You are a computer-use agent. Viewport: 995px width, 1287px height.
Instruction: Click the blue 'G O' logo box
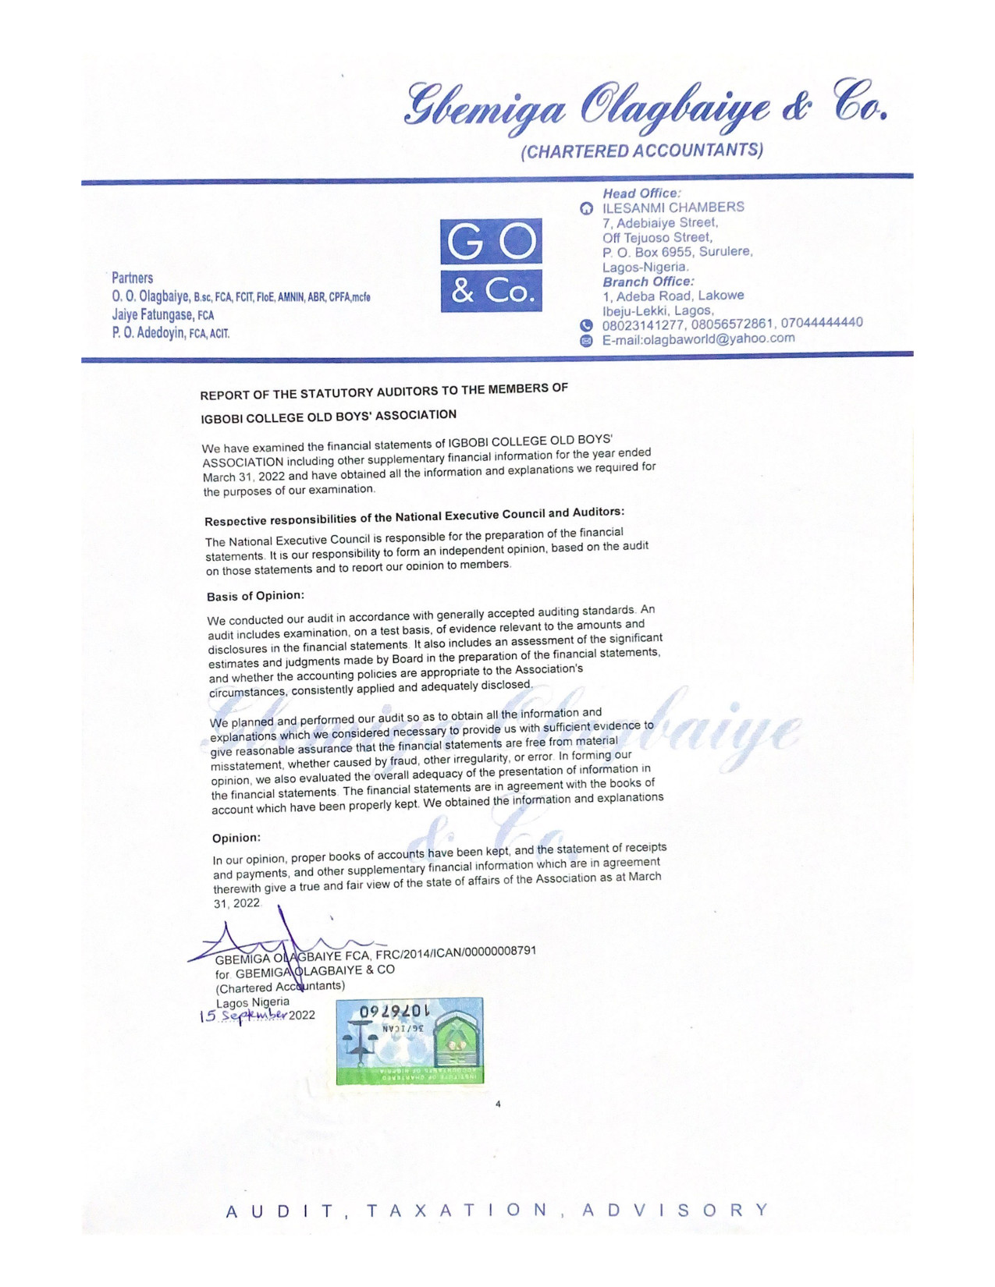[x=491, y=242]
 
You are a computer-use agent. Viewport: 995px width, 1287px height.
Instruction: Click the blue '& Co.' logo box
[x=491, y=291]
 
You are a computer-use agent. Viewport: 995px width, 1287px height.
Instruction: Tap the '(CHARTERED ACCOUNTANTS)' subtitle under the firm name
[x=641, y=151]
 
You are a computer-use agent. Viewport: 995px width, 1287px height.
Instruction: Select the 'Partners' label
[x=132, y=278]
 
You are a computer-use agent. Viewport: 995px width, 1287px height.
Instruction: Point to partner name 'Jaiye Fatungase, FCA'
[x=162, y=315]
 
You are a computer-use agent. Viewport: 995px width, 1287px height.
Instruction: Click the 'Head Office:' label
[x=641, y=193]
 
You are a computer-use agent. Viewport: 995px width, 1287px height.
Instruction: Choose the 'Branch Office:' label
[x=648, y=282]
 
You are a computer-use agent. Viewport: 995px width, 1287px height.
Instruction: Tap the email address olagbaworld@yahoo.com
[x=698, y=339]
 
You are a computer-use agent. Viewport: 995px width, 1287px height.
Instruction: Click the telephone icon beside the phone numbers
[x=586, y=325]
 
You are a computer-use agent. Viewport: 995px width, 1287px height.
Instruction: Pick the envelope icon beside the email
[x=586, y=341]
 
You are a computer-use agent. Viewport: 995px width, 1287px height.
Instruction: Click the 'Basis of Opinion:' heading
[x=255, y=596]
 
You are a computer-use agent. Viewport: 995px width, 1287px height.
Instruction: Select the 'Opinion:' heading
[x=236, y=838]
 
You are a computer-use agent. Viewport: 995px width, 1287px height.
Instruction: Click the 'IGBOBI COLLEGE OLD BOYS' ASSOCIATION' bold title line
[x=329, y=417]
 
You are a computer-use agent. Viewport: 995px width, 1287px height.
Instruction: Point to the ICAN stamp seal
[x=410, y=1041]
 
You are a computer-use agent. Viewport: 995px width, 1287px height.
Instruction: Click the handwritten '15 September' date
[x=243, y=1016]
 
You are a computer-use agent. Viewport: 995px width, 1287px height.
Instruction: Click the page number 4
[x=498, y=1104]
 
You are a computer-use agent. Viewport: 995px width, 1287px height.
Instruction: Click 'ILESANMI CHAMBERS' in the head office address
[x=673, y=207]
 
